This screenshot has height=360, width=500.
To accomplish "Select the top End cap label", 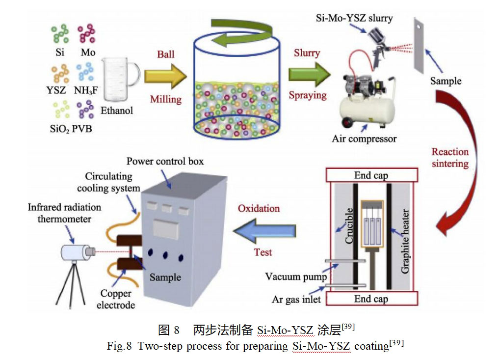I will pos(371,175).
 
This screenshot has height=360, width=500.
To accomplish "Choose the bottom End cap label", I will pos(371,299).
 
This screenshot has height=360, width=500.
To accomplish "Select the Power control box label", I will pos(164,161).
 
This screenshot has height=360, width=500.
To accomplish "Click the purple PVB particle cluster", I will pos(85,110).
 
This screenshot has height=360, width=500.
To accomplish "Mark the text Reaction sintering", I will pos(450,157).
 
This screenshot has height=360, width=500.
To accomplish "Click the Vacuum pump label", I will pos(296,277).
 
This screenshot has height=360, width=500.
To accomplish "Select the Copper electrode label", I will pos(116,299).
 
